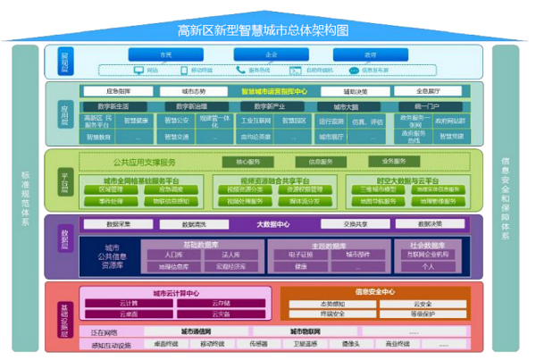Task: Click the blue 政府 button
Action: [370, 54]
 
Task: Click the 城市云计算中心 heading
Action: [175, 292]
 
